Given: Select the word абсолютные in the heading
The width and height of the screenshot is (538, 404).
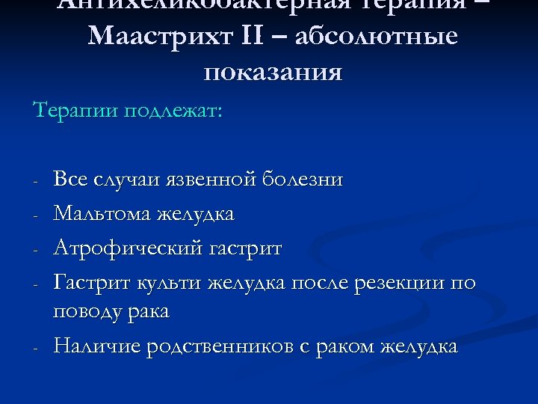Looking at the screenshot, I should [376, 37].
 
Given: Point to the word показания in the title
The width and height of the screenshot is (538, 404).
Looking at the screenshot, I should [272, 73].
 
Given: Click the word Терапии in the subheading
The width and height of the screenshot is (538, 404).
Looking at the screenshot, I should [74, 111].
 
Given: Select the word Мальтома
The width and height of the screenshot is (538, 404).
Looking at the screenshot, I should [102, 214].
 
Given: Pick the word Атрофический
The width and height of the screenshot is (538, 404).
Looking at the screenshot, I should [126, 248].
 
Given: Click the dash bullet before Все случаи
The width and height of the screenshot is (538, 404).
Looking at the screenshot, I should [36, 181].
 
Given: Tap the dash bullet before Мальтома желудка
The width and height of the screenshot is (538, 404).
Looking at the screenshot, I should [36, 215].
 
